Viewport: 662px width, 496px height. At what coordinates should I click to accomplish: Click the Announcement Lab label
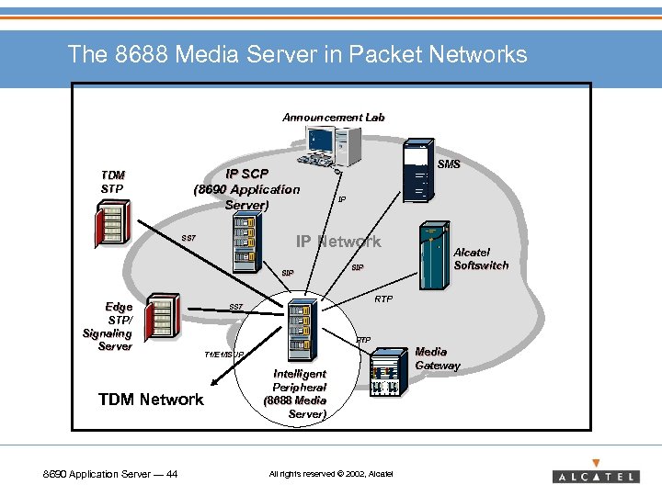333,118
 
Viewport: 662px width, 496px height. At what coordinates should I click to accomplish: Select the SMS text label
449,164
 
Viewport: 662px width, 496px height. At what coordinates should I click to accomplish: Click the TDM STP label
112,182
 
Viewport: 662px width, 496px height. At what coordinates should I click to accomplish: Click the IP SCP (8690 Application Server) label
246,189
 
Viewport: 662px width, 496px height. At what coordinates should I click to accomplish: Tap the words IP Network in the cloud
337,242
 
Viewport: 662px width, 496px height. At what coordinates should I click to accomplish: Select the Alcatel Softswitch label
481,258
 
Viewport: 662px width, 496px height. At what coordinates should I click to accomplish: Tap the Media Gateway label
437,358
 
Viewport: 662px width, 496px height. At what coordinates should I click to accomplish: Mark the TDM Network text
151,399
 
